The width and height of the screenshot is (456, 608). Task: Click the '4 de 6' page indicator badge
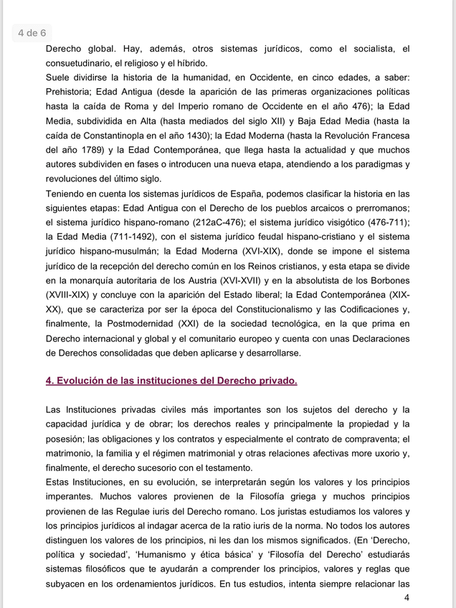coord(32,33)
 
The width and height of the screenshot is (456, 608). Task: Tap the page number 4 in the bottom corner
coord(407,598)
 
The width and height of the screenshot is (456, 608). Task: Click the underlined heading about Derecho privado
coord(171,381)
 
